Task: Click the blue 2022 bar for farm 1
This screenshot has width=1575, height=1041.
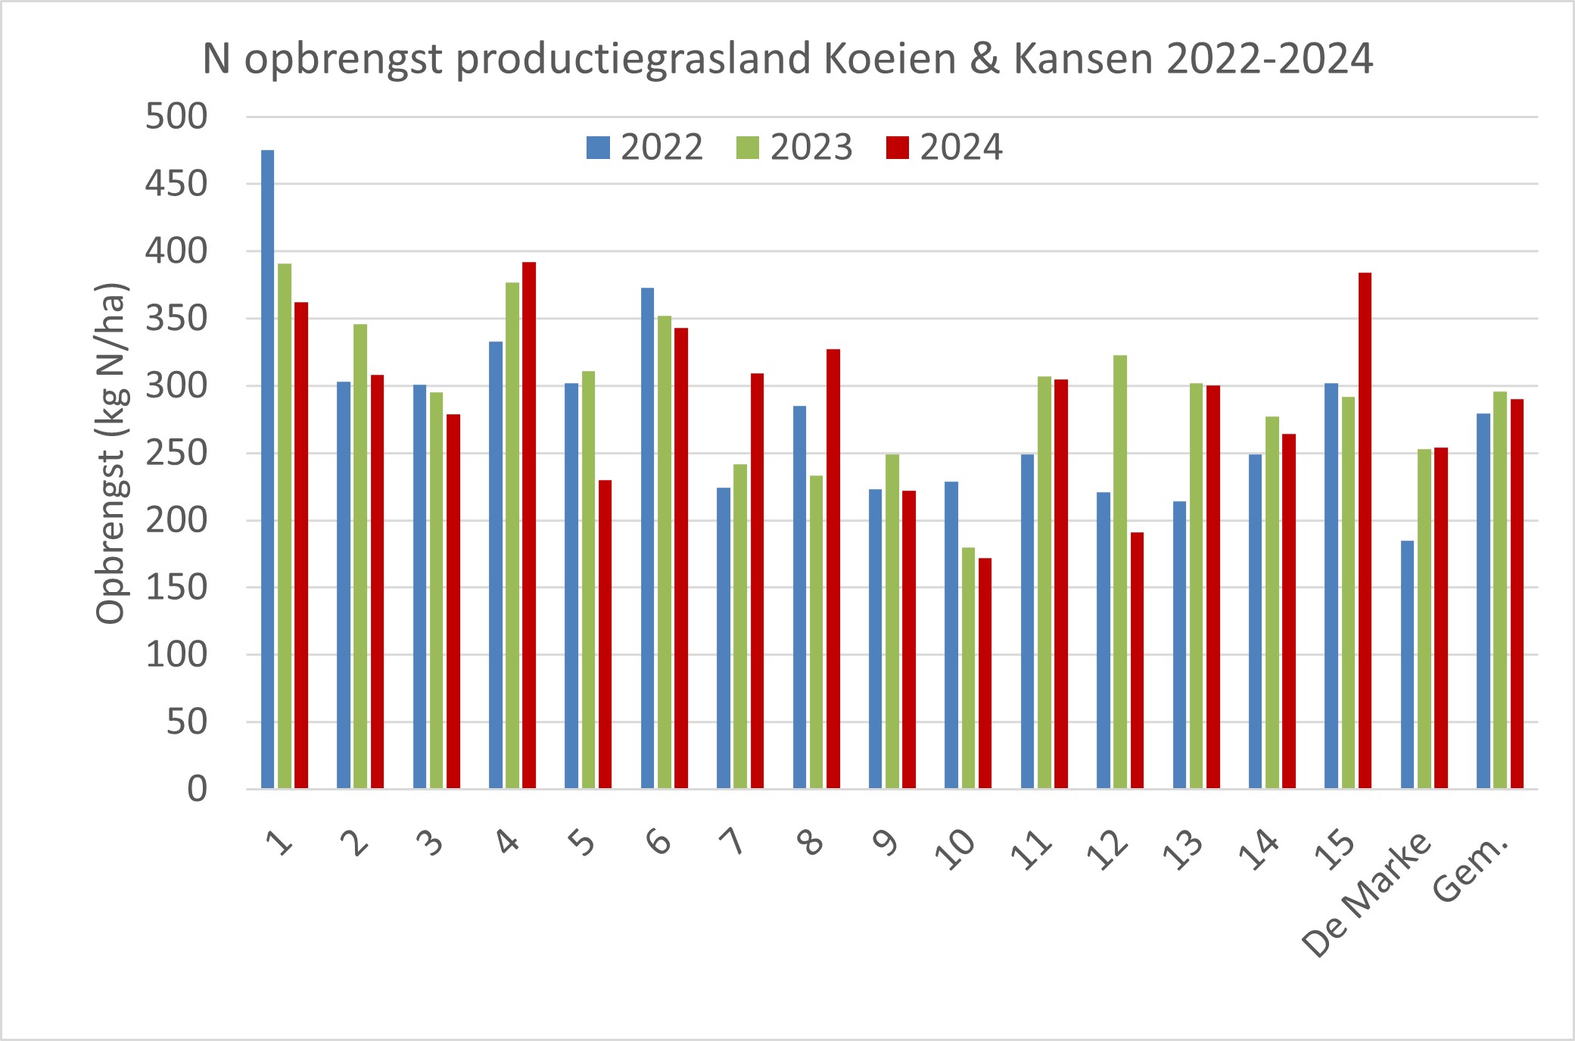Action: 267,469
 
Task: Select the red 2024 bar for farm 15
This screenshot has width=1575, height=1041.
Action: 1365,530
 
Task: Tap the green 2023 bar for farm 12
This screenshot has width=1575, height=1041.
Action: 1120,572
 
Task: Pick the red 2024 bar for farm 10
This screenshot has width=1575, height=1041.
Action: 985,674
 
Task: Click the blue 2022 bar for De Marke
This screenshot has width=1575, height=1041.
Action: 1407,665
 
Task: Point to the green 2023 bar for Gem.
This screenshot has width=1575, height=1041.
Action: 1500,591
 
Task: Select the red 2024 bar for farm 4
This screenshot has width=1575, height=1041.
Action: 529,525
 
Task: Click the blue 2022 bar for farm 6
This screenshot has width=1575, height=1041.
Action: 647,538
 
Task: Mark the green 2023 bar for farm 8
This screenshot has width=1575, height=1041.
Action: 816,632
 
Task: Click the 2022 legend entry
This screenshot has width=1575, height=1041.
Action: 645,147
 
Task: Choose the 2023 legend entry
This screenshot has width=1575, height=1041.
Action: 795,147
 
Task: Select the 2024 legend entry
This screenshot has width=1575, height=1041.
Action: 945,147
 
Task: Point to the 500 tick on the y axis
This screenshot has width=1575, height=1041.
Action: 176,117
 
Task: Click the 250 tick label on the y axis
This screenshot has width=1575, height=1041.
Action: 176,453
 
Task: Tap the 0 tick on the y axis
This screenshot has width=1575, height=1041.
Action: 197,790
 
